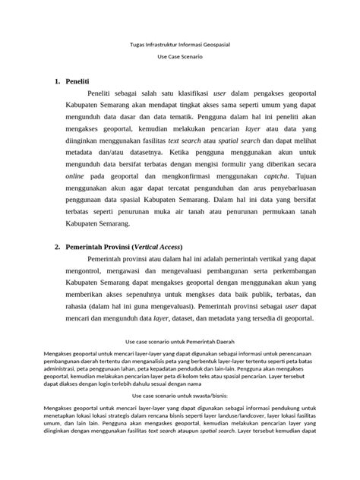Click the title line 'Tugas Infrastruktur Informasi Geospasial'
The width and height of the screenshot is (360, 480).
point(180,47)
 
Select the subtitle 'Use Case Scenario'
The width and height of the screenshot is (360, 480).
point(180,60)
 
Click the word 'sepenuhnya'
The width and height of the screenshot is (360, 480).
point(143,300)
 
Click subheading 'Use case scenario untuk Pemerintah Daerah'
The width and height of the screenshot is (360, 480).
point(180,343)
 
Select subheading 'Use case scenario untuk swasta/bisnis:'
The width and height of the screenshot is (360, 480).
point(180,396)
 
